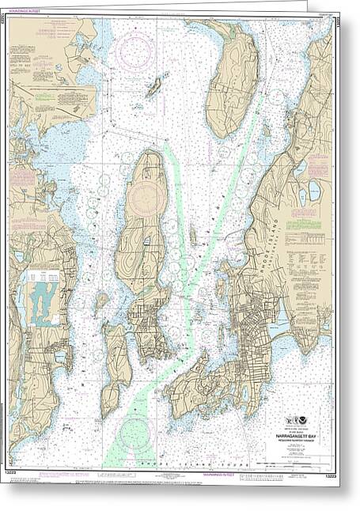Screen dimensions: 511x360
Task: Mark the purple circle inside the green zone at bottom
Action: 137,433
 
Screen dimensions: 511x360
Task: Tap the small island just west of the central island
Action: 101,301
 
